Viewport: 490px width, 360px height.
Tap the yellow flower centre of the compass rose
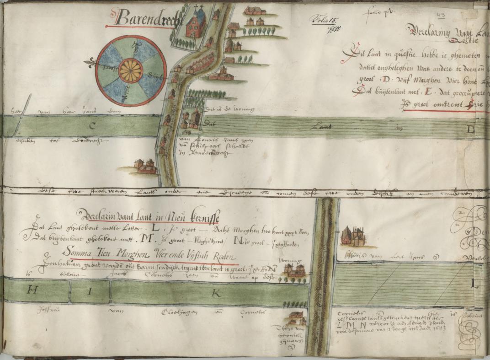pyautogui.click(x=131, y=71)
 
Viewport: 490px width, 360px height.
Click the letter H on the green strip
pyautogui.click(x=32, y=289)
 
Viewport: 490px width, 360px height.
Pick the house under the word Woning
pyautogui.click(x=293, y=270)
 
